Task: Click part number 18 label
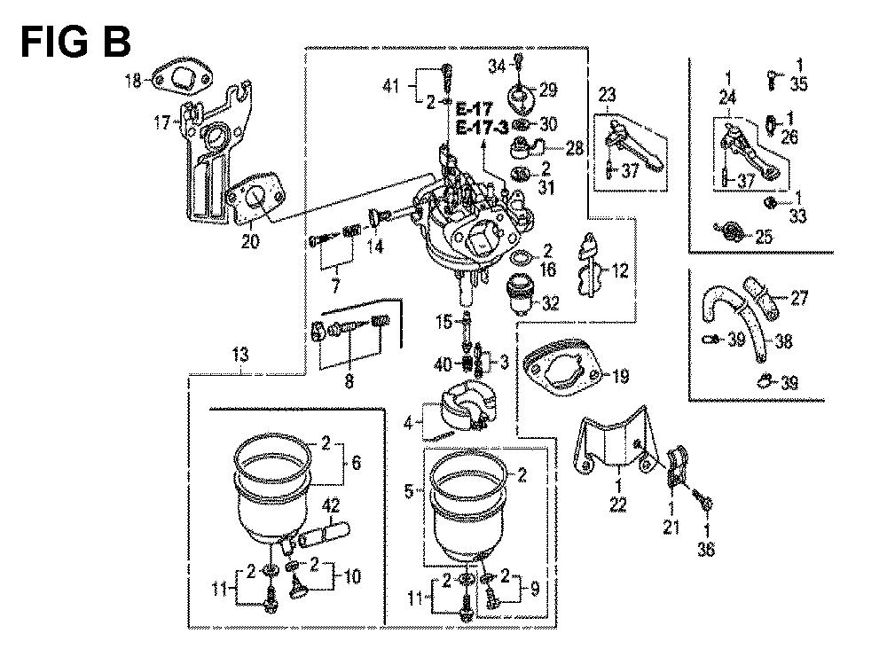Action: pyautogui.click(x=132, y=82)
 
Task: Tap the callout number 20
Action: pyautogui.click(x=251, y=240)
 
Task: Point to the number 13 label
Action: pyautogui.click(x=242, y=355)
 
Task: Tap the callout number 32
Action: pyautogui.click(x=551, y=303)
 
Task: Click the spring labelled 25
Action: pyautogui.click(x=730, y=232)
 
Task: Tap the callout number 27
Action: pyautogui.click(x=800, y=300)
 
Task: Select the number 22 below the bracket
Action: pyautogui.click(x=617, y=504)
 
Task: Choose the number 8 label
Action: pyautogui.click(x=349, y=382)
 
